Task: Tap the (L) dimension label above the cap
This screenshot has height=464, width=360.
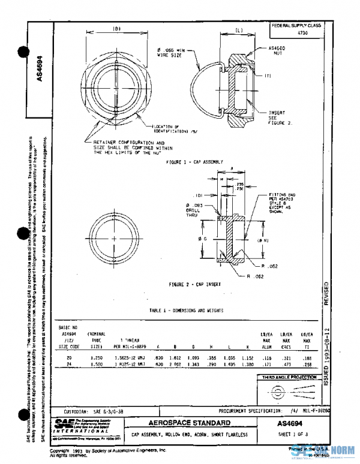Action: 238,29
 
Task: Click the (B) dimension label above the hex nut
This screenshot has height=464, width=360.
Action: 118,29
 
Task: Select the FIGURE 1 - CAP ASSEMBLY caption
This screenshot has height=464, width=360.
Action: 194,162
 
